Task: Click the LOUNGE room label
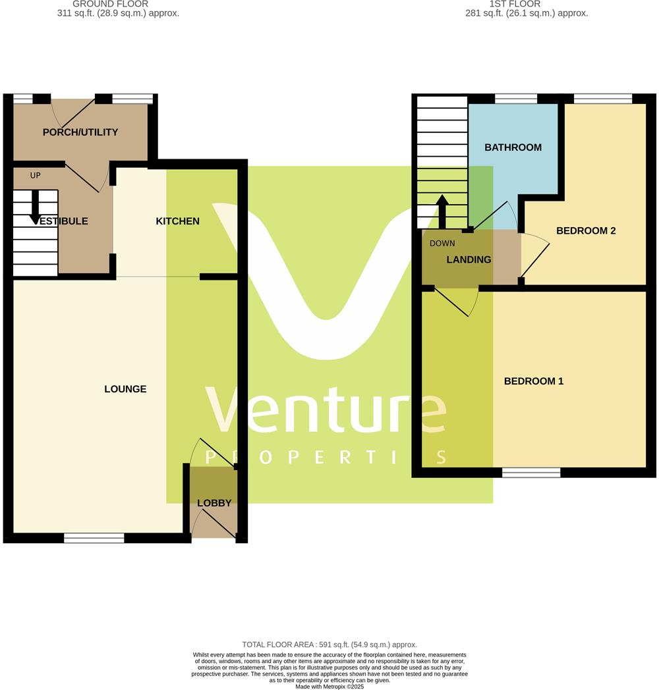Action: point(125,389)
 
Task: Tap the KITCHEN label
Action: point(177,221)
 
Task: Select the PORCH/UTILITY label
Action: point(80,132)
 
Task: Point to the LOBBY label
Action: point(214,503)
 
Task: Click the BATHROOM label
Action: point(513,147)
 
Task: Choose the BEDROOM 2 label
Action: point(586,231)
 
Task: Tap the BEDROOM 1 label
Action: point(534,381)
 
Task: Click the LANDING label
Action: point(469,259)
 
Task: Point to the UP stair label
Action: point(36,176)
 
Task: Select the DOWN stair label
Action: point(442,244)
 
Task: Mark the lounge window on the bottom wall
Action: point(94,538)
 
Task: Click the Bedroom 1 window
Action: point(531,472)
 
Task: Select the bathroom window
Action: point(515,99)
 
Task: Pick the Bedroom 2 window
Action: point(603,99)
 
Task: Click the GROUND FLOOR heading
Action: point(110,4)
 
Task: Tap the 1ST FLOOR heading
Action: point(515,4)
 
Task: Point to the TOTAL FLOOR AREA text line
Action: point(329,645)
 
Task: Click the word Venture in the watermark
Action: point(326,411)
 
